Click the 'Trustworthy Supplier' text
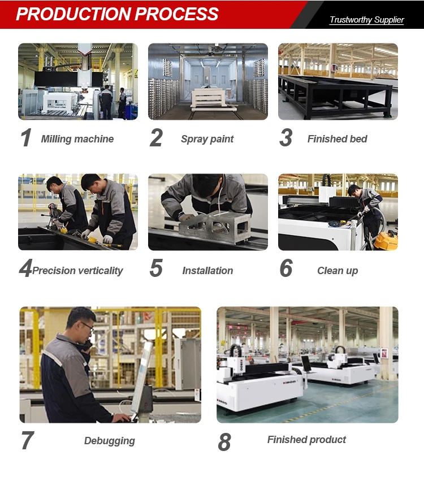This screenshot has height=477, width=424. (367, 20)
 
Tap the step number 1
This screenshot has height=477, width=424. (26, 137)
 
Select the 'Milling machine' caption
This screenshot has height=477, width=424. (77, 138)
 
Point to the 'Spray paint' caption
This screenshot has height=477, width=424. (207, 139)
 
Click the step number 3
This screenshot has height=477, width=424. (286, 137)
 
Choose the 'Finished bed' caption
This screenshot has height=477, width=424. (338, 138)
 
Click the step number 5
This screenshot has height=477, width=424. (156, 268)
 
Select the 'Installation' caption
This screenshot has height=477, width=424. (207, 271)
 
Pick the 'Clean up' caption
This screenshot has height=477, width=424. (338, 271)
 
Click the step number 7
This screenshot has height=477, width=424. (27, 440)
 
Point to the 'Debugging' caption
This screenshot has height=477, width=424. (110, 441)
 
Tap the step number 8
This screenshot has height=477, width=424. (224, 442)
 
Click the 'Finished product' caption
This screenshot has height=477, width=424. (306, 440)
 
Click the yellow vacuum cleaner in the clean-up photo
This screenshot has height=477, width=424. (386, 240)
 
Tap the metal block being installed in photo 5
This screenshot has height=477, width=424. (215, 227)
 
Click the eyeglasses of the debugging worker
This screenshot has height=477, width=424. (88, 326)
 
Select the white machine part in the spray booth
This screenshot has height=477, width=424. (211, 98)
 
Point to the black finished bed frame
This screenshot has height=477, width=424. (335, 96)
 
